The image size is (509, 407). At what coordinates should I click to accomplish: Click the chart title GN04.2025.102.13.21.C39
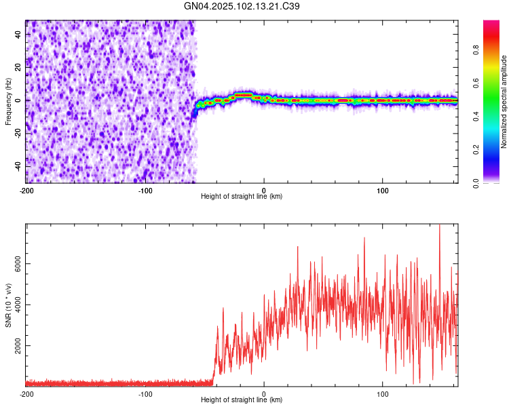(242, 6)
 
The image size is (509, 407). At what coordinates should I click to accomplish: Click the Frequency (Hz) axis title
(8, 102)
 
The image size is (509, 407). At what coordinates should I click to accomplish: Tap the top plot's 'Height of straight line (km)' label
(242, 197)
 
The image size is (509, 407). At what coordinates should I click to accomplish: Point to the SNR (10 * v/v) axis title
(8, 305)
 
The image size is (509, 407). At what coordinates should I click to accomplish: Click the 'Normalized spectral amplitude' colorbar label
(504, 102)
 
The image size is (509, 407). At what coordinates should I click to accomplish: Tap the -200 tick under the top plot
(26, 190)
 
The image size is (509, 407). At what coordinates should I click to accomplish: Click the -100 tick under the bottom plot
(145, 393)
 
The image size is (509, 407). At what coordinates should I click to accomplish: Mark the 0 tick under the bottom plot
(263, 393)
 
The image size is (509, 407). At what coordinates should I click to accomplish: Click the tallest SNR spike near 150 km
(440, 226)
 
